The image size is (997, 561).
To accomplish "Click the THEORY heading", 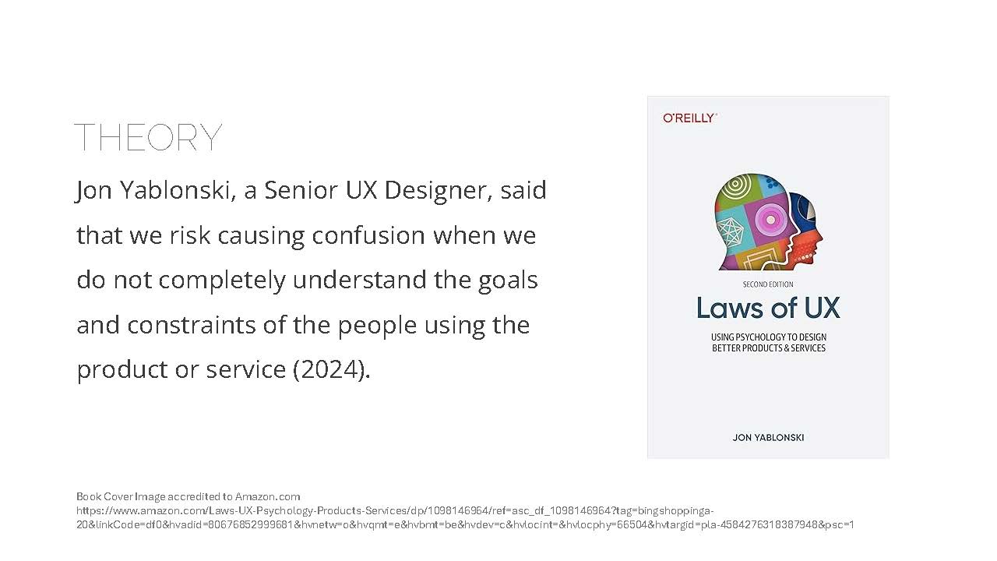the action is (x=148, y=137).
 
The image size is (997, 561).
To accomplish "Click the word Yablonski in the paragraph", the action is (x=178, y=190).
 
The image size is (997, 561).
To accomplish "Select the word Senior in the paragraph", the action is (x=301, y=190).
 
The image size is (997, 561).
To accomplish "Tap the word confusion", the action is (x=368, y=235).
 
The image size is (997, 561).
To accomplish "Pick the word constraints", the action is (x=192, y=325).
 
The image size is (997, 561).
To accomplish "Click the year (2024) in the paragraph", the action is (x=331, y=369).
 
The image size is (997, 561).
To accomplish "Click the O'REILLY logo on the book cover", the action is (x=690, y=118).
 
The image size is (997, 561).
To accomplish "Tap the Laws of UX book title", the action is (x=768, y=308).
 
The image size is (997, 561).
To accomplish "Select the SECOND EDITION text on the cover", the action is (x=768, y=284).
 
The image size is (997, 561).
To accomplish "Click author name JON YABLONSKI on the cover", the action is (x=768, y=438).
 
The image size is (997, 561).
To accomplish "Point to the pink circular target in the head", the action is (x=769, y=219).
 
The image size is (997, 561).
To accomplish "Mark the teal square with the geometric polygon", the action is (x=730, y=231).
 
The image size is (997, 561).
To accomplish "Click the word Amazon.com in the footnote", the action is (x=267, y=496).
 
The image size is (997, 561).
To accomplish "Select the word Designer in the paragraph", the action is (x=438, y=191).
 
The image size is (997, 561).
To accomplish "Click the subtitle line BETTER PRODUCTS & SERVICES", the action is (x=769, y=348).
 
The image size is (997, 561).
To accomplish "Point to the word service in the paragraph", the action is (x=245, y=369).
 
